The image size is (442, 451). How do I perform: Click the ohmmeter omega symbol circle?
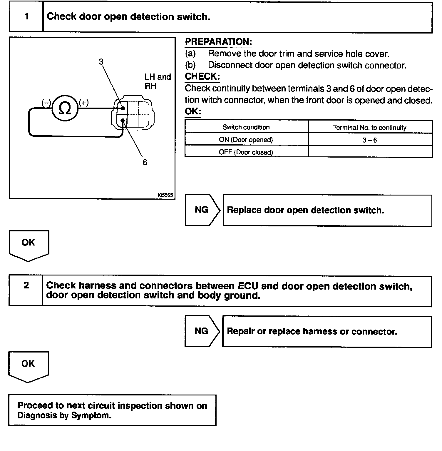click(65, 108)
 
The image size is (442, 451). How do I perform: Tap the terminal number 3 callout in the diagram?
click(101, 62)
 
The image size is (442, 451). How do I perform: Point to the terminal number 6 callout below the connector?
click(145, 162)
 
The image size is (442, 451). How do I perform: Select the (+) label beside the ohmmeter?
click(84, 103)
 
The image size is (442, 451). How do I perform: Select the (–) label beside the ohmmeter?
click(46, 103)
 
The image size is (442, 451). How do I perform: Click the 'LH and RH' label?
click(158, 81)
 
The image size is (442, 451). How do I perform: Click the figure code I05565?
click(165, 195)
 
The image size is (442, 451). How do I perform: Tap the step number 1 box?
click(26, 16)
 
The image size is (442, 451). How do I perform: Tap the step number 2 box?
click(26, 285)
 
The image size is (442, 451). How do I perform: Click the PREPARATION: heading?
click(218, 42)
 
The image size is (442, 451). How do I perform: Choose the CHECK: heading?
click(202, 76)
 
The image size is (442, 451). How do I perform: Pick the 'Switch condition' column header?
click(246, 127)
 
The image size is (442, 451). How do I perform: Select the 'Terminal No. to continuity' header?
click(370, 128)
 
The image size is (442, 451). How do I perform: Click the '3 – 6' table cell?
click(370, 140)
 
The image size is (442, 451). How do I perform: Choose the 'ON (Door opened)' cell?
click(246, 140)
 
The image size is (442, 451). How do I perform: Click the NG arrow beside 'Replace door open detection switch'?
click(202, 210)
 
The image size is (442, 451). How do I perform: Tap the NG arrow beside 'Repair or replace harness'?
click(202, 331)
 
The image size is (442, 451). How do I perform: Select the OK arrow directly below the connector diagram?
click(29, 244)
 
